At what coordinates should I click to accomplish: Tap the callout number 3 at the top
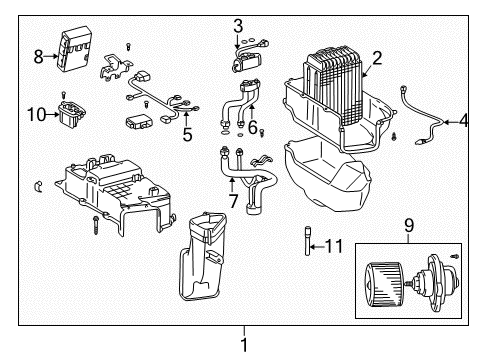[238, 25]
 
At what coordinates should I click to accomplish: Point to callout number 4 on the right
[463, 122]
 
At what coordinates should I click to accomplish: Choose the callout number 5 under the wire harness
[187, 132]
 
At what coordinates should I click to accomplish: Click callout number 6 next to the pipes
[253, 127]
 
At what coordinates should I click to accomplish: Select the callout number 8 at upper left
[39, 56]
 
